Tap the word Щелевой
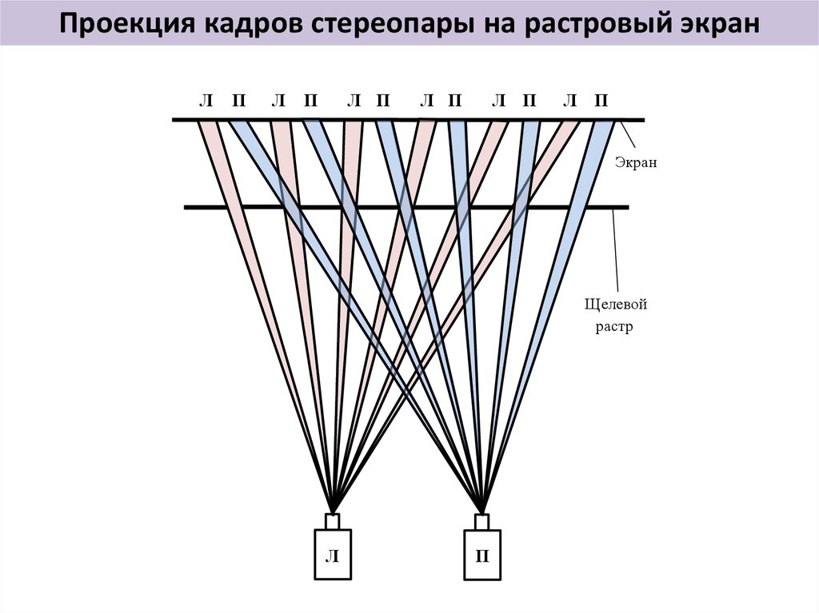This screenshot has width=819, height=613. point(615,304)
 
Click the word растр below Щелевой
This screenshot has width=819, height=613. point(613,328)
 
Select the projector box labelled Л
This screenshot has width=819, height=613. point(332,553)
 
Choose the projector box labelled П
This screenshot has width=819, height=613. point(482,553)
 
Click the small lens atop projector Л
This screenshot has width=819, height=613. point(332,520)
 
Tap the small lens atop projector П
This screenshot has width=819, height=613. point(482,520)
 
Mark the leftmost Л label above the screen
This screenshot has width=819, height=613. point(206,101)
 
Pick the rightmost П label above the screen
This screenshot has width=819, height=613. point(601,101)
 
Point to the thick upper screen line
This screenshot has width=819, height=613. point(408,121)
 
